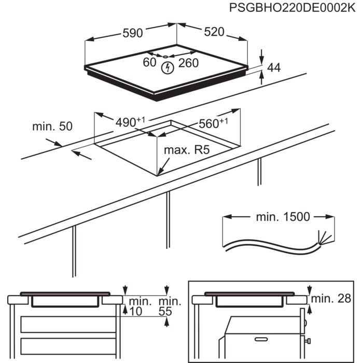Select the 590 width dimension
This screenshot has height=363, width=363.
132,33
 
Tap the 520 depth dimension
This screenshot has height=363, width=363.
214,32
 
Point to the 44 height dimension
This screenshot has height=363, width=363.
273,67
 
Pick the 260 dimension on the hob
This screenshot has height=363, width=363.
188,63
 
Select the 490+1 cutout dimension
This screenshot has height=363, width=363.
129,123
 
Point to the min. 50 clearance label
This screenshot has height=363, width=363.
52,126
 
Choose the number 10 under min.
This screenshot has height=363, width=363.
136,311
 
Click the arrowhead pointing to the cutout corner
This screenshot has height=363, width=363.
159,172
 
